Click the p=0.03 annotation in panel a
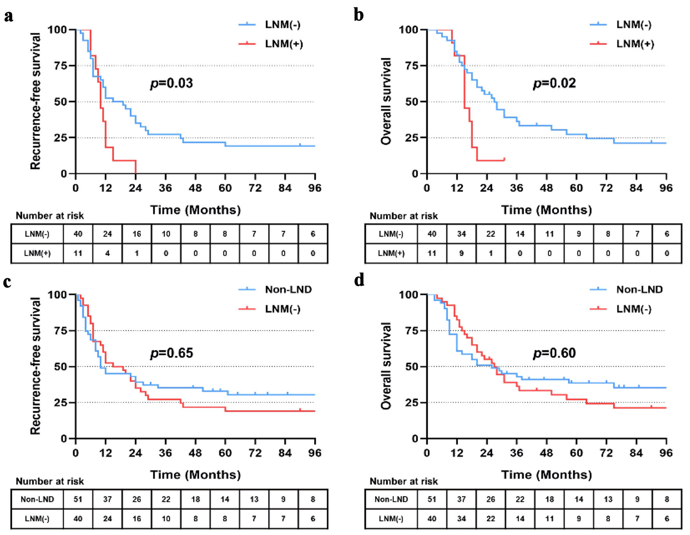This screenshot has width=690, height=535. (x=172, y=83)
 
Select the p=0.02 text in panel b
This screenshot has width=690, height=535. (x=554, y=83)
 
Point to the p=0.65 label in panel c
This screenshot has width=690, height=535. (x=172, y=353)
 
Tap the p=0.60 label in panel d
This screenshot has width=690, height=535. (x=554, y=353)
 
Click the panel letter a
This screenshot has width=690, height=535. (x=9, y=16)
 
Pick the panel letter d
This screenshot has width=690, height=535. (x=359, y=280)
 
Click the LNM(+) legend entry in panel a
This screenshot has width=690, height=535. (x=284, y=44)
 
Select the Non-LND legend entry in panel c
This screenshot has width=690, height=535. (x=288, y=289)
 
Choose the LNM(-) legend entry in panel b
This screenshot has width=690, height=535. (x=634, y=25)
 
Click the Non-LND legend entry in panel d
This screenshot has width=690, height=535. (x=639, y=289)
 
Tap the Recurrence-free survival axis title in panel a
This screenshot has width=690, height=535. (x=35, y=101)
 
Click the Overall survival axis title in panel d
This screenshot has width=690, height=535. (x=386, y=366)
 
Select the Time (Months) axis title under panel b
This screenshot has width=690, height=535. (x=546, y=210)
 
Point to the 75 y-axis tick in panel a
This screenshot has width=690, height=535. (x=61, y=65)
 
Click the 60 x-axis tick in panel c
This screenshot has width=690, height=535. (x=225, y=453)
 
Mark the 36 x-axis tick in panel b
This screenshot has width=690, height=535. (x=516, y=188)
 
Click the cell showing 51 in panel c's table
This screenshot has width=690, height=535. (x=78, y=499)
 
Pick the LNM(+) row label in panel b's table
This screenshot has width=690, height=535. (x=391, y=253)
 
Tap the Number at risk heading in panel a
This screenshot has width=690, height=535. (x=50, y=216)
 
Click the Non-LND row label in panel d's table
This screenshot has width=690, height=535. (x=391, y=499)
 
